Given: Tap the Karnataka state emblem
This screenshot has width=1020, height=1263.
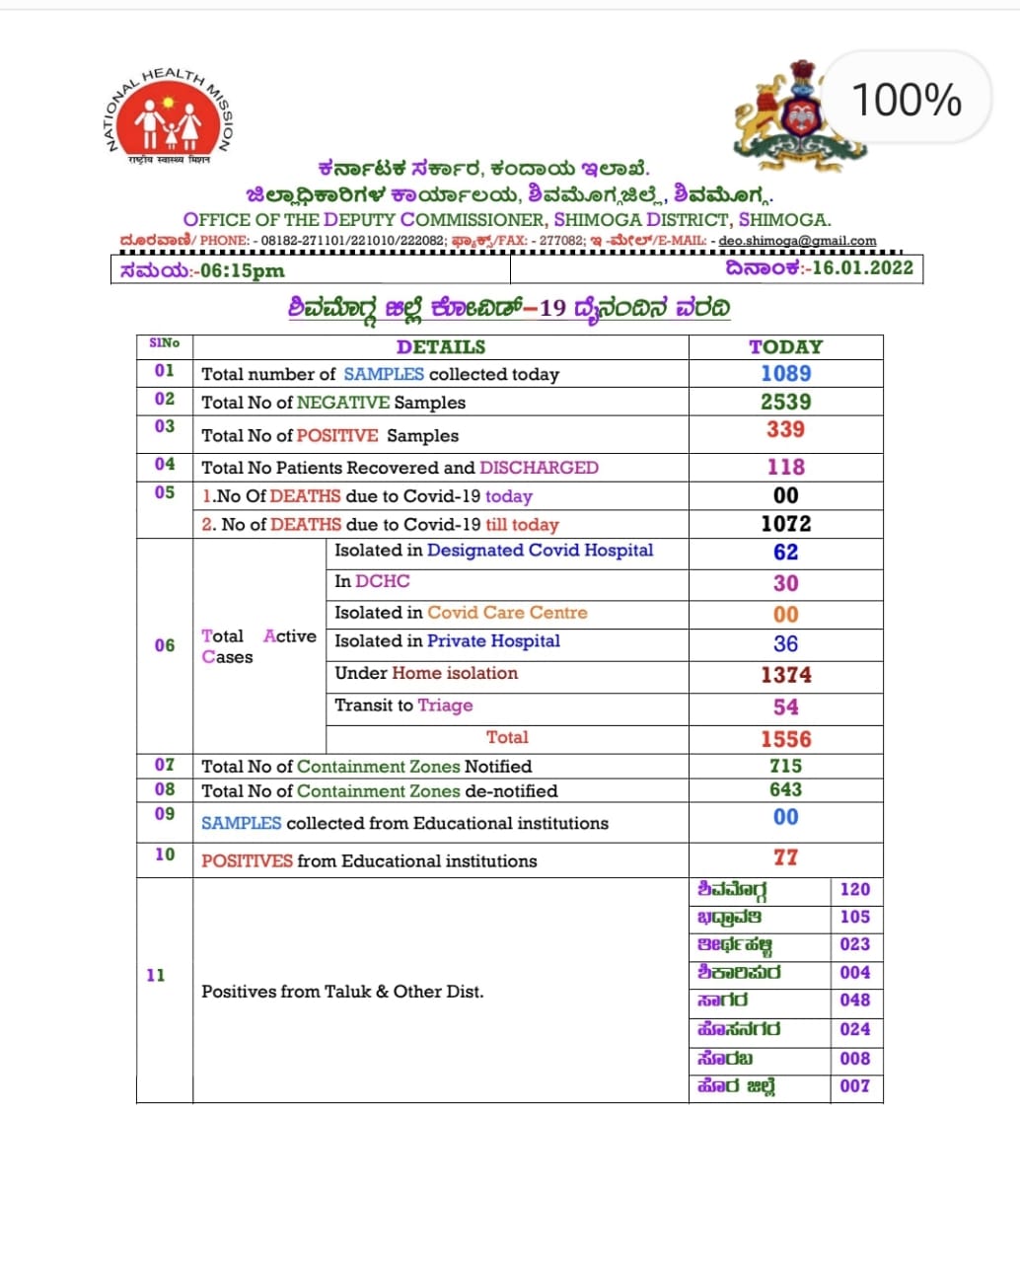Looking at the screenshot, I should (x=798, y=113).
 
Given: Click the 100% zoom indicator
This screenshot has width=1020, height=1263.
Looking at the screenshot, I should (x=906, y=101).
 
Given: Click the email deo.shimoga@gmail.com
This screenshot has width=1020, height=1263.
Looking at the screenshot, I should (x=797, y=241).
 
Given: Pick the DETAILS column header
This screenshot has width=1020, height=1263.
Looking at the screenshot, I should (x=440, y=347).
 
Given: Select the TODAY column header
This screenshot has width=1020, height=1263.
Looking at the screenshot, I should (x=785, y=347).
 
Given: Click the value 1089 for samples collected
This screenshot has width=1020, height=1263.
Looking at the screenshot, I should (x=785, y=374).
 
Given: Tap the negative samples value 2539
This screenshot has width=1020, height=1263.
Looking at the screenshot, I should (x=785, y=402).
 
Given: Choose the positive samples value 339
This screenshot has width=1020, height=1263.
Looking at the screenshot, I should (x=785, y=429).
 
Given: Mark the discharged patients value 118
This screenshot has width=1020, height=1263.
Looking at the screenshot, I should (x=785, y=468).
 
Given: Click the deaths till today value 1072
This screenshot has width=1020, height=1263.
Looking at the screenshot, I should (x=785, y=524).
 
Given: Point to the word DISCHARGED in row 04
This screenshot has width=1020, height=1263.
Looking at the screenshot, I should (x=539, y=468).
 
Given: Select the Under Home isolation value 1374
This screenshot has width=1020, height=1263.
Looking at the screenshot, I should (x=785, y=675).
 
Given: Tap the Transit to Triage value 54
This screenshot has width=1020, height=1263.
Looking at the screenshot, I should (x=785, y=707).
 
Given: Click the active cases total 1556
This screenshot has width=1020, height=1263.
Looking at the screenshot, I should (x=785, y=739).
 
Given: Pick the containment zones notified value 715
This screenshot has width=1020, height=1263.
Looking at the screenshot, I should (x=785, y=766).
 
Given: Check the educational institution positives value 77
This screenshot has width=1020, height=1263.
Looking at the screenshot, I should (x=785, y=857).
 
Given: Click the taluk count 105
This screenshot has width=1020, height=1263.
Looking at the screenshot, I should (x=854, y=917).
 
